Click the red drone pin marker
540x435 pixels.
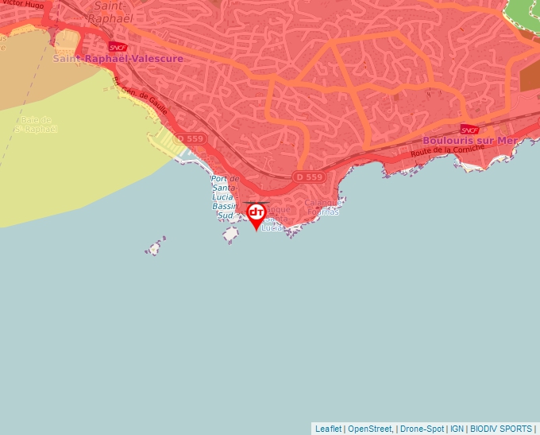(256, 214)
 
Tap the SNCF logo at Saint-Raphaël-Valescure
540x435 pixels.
(118, 48)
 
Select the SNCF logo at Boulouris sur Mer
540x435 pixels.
(469, 129)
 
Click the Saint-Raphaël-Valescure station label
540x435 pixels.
(118, 59)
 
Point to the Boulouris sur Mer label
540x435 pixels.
(469, 140)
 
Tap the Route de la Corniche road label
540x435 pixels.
(447, 153)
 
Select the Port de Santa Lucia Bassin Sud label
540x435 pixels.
(225, 196)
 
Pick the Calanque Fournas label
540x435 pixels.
(322, 207)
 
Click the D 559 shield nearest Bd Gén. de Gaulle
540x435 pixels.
(190, 138)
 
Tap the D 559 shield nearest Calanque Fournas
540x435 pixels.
(308, 177)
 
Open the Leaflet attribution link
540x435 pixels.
(328, 429)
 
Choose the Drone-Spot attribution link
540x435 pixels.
(422, 429)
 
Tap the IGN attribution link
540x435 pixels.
(457, 429)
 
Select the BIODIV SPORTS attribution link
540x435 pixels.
(501, 429)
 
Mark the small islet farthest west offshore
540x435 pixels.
(155, 248)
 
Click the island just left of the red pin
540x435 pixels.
(231, 235)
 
